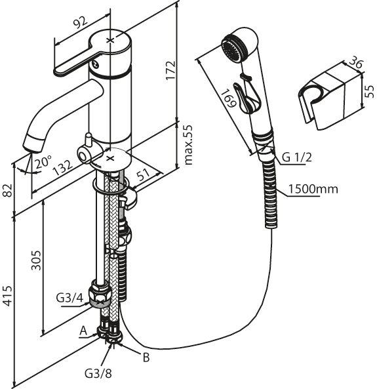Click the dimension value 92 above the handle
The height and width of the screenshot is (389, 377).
tap(80, 22)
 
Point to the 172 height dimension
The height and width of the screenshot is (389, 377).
tap(170, 70)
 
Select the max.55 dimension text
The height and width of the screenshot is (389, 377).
tap(189, 145)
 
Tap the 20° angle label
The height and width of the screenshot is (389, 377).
tap(43, 163)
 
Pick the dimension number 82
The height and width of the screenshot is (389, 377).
tap(8, 190)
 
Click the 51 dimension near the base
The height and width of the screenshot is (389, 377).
tap(144, 175)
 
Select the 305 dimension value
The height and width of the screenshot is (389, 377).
tap(36, 260)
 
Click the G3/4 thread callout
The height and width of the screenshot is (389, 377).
tap(69, 298)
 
